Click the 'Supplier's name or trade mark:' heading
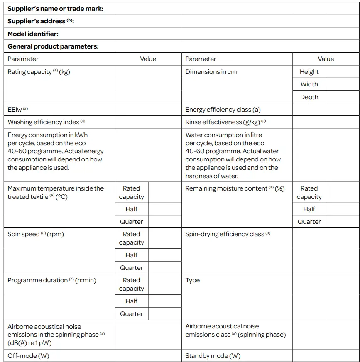(x=55, y=9)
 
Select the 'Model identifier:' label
(x=33, y=34)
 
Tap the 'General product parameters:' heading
(x=53, y=46)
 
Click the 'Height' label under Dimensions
(x=309, y=72)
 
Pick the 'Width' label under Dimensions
(x=309, y=84)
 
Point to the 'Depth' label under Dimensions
(x=309, y=97)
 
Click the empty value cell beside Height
(x=342, y=72)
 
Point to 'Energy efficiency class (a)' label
(x=223, y=110)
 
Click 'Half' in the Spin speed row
(x=131, y=255)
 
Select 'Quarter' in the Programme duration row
(x=131, y=314)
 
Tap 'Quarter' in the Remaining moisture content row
(x=309, y=222)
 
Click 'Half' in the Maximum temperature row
(x=131, y=209)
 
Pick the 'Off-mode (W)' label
(x=28, y=356)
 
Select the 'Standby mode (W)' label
(x=213, y=356)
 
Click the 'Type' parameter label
(x=193, y=280)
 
